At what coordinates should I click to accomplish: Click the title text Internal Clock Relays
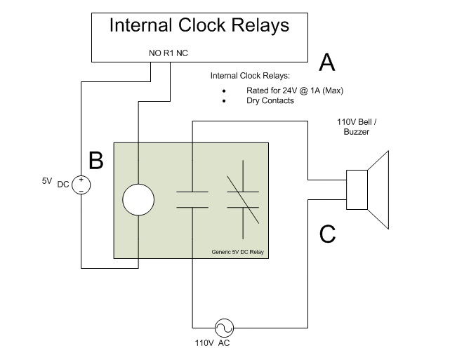[x=199, y=26]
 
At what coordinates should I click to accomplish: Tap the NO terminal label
[x=154, y=53]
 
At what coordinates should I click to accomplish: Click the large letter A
[x=326, y=64]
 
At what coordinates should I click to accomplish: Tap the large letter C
[x=326, y=234]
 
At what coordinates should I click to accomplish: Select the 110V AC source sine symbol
[x=225, y=327]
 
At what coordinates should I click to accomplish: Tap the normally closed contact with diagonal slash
[x=242, y=199]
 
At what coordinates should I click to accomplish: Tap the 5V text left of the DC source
[x=47, y=180]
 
